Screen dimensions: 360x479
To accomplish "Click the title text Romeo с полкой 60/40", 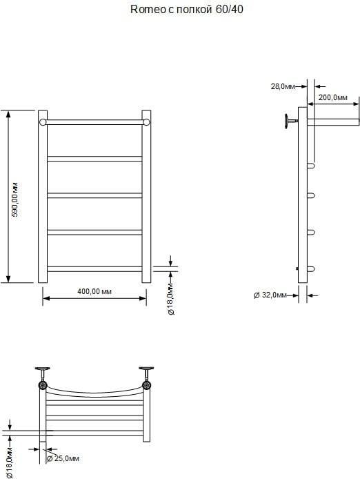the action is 187,10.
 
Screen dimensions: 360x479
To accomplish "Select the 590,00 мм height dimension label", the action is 15,199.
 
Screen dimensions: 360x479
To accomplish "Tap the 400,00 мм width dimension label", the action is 94,291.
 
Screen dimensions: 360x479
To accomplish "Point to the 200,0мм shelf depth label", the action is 333,97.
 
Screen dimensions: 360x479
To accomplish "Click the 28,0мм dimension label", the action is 283,86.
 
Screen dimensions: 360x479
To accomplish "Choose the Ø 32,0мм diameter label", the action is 270,295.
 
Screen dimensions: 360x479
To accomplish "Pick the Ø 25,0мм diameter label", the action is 63,458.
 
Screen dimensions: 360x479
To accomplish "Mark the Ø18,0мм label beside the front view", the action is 170,299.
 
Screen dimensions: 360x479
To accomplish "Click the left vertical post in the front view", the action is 43,197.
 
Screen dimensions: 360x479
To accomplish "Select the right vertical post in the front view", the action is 146,197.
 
